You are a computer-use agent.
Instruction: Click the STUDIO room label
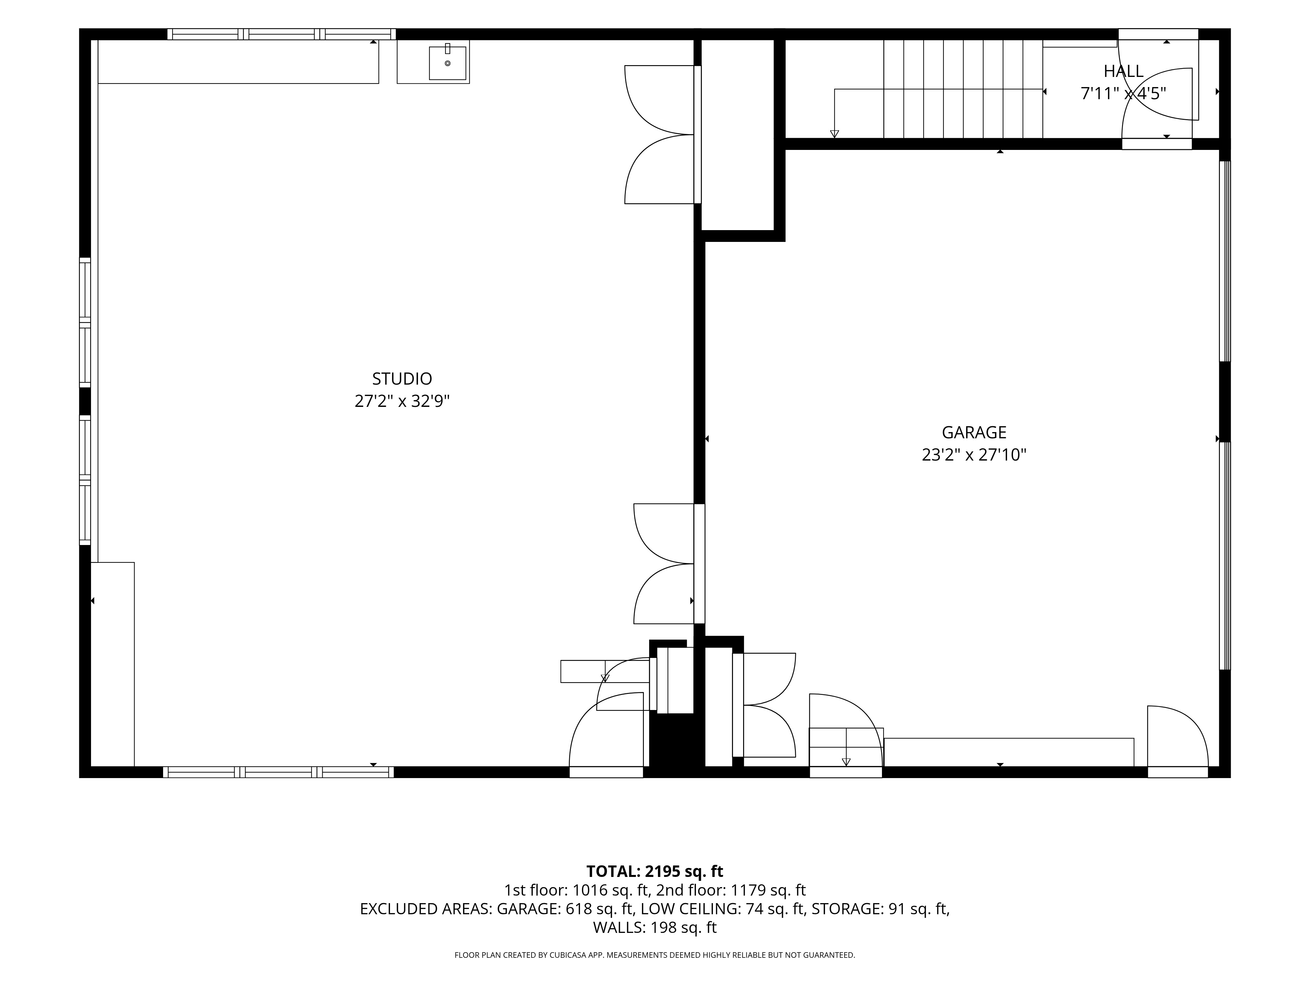click(x=402, y=378)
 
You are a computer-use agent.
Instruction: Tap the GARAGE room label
click(x=974, y=432)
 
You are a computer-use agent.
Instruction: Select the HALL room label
click(x=1123, y=72)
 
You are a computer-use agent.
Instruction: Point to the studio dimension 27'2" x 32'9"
click(x=402, y=401)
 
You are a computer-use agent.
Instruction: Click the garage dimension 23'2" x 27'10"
click(x=974, y=455)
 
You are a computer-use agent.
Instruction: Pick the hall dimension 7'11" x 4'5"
click(x=1123, y=94)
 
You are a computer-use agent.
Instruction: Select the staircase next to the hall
click(x=963, y=89)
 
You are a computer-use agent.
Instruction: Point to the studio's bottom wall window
click(x=278, y=772)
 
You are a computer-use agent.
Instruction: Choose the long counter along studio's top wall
click(x=238, y=62)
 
